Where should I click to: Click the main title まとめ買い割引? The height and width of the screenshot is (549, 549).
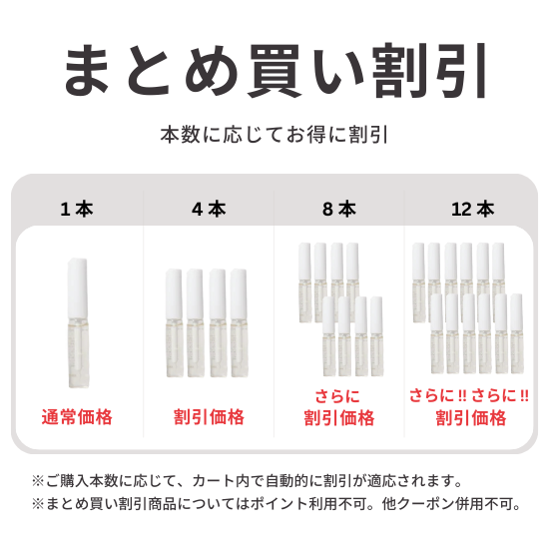click(x=274, y=71)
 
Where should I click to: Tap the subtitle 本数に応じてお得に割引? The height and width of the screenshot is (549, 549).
click(x=274, y=135)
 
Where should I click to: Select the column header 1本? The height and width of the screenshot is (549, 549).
click(x=77, y=209)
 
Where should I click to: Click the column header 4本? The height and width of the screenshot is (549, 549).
click(x=209, y=209)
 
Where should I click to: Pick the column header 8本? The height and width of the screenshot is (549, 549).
click(x=339, y=209)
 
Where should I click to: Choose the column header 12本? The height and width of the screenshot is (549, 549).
click(x=473, y=209)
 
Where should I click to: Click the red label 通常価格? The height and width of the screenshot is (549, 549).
click(x=77, y=417)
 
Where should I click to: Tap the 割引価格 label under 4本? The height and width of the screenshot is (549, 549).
click(x=209, y=417)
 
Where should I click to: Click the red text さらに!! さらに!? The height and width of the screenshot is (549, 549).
click(x=469, y=395)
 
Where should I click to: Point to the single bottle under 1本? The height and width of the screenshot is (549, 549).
click(x=78, y=322)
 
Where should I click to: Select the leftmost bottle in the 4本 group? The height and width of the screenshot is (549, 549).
click(x=175, y=322)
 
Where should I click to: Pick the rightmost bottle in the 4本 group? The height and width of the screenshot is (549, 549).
click(x=240, y=322)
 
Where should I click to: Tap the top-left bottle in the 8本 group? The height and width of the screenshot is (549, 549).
click(x=305, y=282)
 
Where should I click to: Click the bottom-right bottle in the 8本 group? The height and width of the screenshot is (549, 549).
click(x=376, y=336)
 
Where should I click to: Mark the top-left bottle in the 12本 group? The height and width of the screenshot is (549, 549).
click(x=419, y=282)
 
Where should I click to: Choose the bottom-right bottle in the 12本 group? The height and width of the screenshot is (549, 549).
click(x=517, y=333)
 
